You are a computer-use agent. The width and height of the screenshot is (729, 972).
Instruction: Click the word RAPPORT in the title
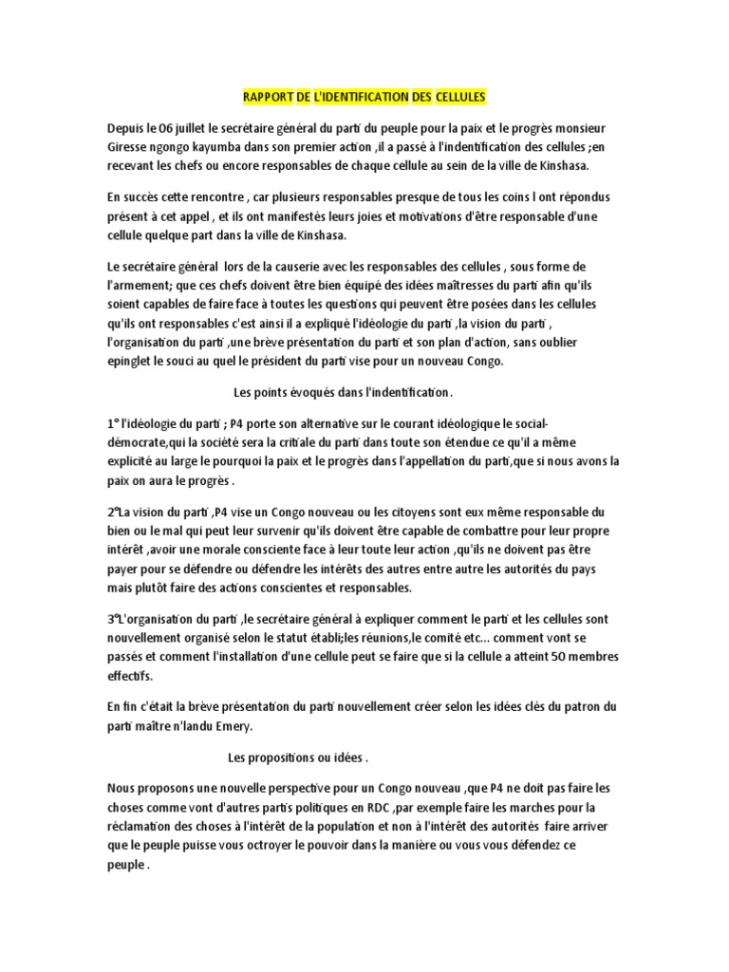pos(263,97)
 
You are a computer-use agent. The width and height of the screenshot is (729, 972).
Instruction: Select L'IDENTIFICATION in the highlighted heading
pos(364,97)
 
